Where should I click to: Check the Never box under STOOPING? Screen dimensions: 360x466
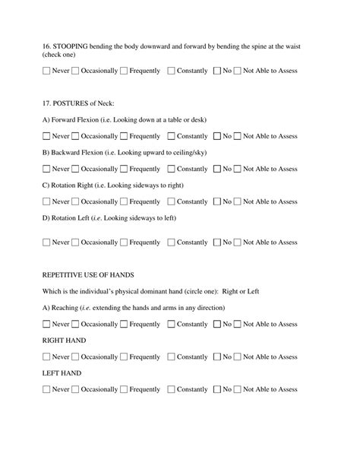pos(46,71)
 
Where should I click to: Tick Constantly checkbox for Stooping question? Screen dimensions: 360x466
pos(171,71)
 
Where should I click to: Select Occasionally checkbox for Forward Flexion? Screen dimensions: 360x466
pos(75,137)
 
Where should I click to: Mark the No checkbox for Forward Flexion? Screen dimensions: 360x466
pos(218,137)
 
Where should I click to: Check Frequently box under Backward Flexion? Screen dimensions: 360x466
pos(124,169)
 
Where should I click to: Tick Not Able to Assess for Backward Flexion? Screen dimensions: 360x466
pos(238,169)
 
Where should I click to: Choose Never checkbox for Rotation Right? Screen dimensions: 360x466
pos(46,202)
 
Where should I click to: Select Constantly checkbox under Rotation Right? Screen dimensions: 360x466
pos(171,202)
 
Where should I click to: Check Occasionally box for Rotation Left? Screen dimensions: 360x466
pos(75,243)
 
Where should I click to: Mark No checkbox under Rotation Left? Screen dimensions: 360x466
pos(218,243)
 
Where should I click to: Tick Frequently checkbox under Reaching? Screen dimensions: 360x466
pos(124,325)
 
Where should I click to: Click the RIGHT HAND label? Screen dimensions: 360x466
pos(64,341)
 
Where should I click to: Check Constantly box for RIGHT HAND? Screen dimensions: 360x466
pos(171,357)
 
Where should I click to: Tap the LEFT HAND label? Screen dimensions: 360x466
pos(62,373)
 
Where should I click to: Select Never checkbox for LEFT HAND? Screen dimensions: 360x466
pos(46,390)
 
